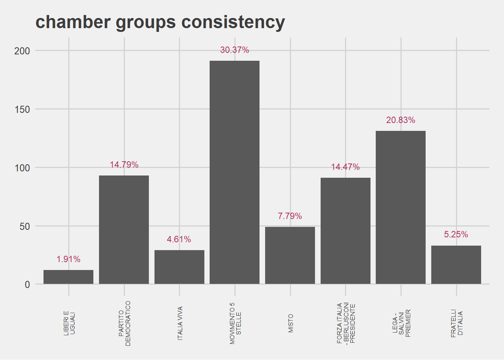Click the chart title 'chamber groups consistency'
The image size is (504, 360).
click(160, 22)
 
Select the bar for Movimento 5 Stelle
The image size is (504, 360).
click(234, 172)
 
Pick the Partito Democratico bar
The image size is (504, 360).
click(124, 229)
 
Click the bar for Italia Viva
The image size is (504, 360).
click(179, 267)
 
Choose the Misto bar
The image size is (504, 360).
click(290, 255)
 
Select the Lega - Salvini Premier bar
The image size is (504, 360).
click(400, 207)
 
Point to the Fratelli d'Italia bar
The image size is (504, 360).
click(456, 264)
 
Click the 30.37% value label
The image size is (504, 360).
click(234, 50)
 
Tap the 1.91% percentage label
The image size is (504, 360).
click(68, 259)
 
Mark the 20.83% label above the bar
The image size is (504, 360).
click(400, 120)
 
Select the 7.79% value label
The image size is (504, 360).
click(290, 216)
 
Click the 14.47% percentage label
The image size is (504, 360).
click(345, 167)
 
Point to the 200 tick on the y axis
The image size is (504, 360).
click(22, 51)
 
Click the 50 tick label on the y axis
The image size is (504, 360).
click(25, 226)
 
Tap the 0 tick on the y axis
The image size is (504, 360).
click(27, 285)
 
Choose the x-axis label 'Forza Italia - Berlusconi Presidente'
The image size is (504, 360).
click(345, 323)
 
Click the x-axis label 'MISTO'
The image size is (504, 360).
click(291, 323)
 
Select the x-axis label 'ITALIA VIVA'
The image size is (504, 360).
click(180, 323)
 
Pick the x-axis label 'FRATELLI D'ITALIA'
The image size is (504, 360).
click(456, 323)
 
